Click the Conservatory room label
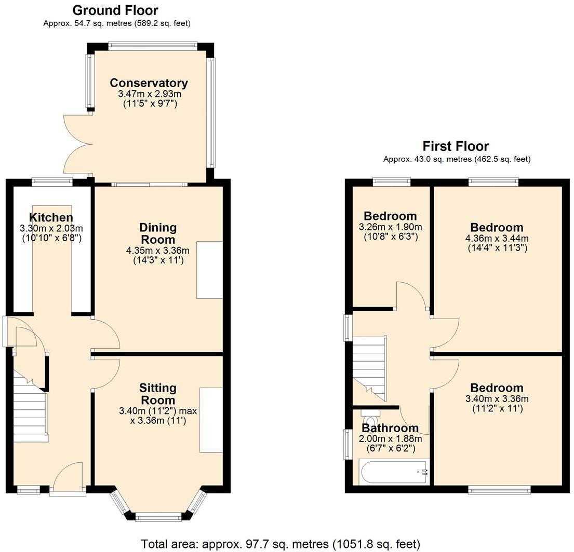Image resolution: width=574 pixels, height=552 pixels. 149,83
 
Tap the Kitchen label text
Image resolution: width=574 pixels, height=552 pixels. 51,217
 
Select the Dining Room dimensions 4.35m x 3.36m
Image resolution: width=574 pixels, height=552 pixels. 158,251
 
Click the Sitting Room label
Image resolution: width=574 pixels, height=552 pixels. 158,394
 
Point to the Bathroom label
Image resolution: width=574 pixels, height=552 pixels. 390,428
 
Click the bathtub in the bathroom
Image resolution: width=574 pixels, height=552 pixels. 393,472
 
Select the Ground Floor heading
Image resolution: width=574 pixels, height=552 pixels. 115,10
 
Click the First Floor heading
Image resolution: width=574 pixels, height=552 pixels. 456,146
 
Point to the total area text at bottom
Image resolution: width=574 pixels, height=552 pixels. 281,544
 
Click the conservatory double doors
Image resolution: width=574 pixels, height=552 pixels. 77,144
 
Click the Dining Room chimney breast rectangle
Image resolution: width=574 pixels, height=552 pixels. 209,270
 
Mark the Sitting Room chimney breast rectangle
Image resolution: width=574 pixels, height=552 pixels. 211,420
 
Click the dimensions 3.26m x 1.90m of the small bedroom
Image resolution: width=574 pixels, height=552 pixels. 390,227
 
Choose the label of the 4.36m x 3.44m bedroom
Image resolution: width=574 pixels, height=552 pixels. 497,227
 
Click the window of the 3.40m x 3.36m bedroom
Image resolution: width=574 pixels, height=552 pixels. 499,489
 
